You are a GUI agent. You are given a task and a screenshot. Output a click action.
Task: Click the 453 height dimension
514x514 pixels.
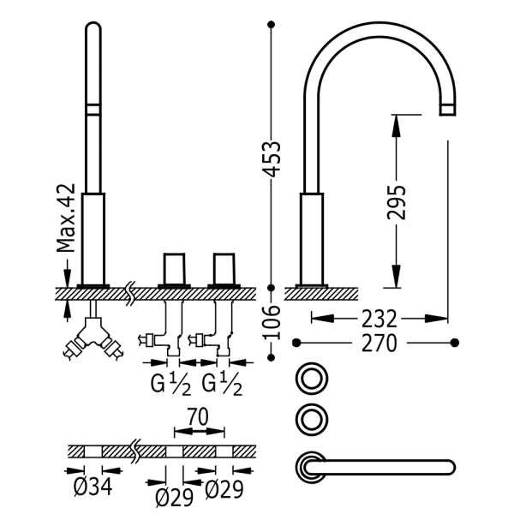272,159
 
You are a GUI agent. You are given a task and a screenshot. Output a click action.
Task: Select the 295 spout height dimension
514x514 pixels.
396,202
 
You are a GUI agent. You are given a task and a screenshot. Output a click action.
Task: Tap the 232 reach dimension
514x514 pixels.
380,319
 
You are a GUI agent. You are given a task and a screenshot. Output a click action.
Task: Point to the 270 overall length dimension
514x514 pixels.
380,344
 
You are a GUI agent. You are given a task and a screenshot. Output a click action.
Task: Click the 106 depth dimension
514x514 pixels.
272,323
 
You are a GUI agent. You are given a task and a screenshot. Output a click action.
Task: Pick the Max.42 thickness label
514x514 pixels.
66,218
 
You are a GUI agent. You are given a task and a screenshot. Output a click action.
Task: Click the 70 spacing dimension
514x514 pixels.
198,417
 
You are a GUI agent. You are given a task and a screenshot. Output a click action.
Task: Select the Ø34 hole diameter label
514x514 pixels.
93,487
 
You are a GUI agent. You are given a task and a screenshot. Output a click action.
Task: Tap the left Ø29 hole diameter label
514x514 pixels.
174,497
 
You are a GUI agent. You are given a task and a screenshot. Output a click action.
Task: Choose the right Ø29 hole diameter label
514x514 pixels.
224,489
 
